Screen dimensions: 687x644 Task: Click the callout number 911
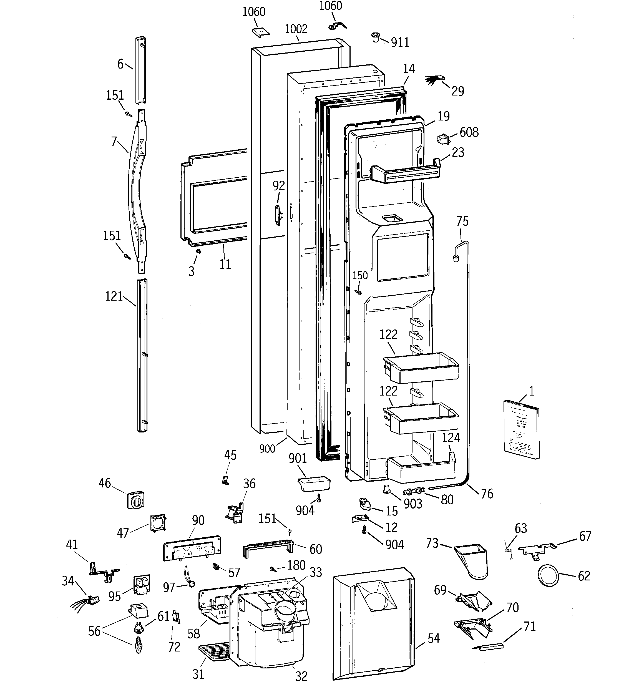[400, 42]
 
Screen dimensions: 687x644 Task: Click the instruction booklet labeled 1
[521, 429]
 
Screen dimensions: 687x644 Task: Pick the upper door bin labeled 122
[421, 368]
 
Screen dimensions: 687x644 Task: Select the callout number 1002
[296, 29]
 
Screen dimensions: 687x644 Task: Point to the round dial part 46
[135, 500]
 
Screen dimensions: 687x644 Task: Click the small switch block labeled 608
[443, 139]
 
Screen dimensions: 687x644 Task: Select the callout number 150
[360, 275]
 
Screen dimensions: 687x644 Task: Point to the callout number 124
[451, 437]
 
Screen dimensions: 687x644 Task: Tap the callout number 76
[487, 494]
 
